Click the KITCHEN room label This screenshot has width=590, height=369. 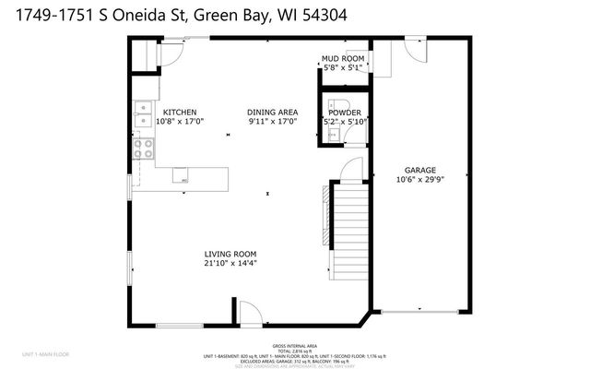tap(179, 113)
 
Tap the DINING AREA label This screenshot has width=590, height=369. tap(273, 113)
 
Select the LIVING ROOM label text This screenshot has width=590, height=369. tap(230, 254)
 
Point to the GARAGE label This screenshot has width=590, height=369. tap(419, 170)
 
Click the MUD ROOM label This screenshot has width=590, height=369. tap(343, 59)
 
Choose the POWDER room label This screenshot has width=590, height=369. tap(345, 113)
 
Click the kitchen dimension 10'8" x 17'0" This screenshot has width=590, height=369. tap(179, 121)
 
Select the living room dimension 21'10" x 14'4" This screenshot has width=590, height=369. tap(230, 263)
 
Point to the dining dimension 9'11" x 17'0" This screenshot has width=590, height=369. tap(273, 121)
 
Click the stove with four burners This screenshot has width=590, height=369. tap(144, 149)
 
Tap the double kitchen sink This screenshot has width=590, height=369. tap(143, 115)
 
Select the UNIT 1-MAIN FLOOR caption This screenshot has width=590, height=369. tap(46, 354)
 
